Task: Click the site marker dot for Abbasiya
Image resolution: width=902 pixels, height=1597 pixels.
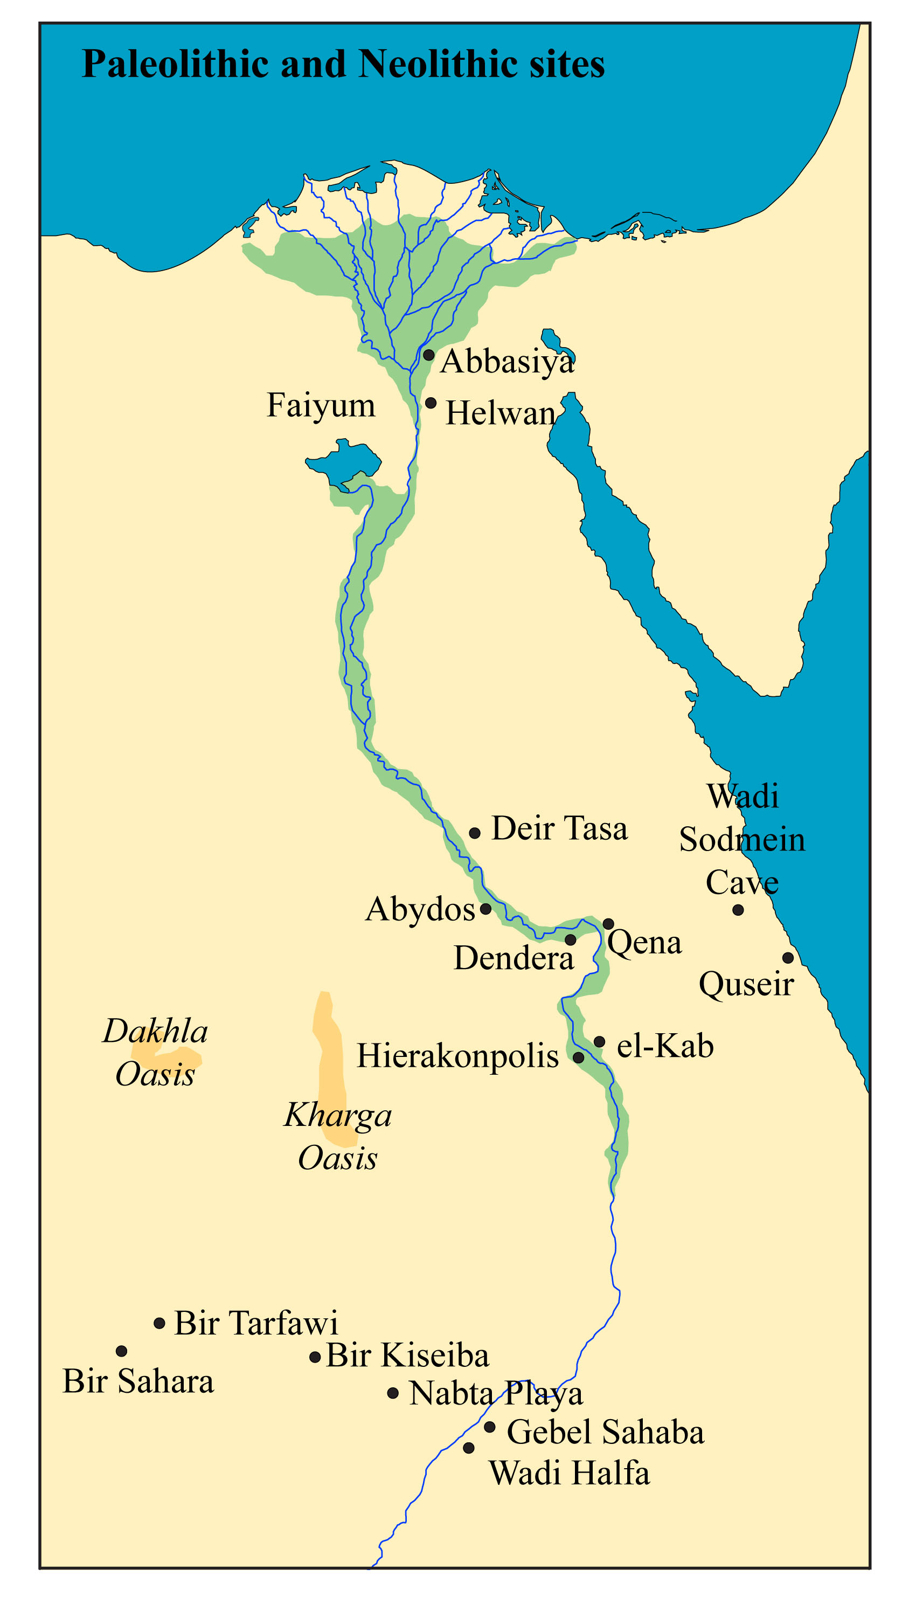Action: coord(428,355)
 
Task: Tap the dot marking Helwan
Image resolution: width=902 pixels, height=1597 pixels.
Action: coord(431,403)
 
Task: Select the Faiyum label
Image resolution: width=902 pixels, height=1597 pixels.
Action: coord(321,405)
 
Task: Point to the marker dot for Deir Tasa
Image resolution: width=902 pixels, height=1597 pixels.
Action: coord(474,833)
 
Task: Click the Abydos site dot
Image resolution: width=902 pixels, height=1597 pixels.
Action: coord(486,909)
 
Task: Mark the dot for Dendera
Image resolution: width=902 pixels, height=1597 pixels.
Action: coord(570,940)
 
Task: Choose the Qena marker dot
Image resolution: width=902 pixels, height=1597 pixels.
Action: coord(608,924)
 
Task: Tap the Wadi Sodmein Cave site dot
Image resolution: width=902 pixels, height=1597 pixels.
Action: coord(738,910)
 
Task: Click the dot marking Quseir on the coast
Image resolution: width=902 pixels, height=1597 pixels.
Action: coord(787,958)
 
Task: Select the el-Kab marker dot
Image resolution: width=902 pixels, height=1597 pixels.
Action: coord(600,1041)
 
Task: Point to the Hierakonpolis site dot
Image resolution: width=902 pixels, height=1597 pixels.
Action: coord(578,1057)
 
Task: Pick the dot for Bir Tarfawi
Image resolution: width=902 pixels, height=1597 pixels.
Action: coord(159,1324)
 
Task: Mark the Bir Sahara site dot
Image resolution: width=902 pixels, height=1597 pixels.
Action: coord(122,1351)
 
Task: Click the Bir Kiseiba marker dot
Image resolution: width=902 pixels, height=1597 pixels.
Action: coord(315,1358)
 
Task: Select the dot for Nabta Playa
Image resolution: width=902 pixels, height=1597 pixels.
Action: coord(392,1394)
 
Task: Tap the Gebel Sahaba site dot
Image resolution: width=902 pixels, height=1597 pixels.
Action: coord(489,1427)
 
